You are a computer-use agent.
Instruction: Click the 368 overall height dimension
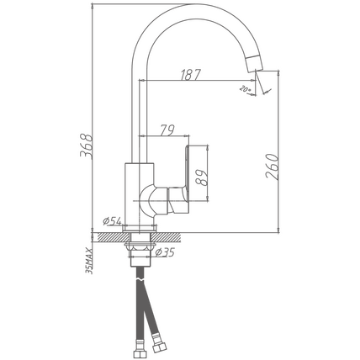pyautogui.click(x=87, y=146)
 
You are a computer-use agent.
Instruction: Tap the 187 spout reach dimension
pyautogui.click(x=191, y=75)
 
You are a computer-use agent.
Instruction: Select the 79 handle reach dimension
pyautogui.click(x=167, y=130)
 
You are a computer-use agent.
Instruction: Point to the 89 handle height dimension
pyautogui.click(x=202, y=177)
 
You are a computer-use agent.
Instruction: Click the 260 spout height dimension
pyautogui.click(x=272, y=167)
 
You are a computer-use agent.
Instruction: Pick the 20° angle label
pyautogui.click(x=245, y=89)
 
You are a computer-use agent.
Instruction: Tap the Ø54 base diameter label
pyautogui.click(x=112, y=221)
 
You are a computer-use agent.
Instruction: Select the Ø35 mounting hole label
pyautogui.click(x=165, y=252)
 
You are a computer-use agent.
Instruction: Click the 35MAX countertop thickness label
pyautogui.click(x=89, y=261)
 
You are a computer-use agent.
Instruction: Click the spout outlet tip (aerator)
pyautogui.click(x=255, y=63)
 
